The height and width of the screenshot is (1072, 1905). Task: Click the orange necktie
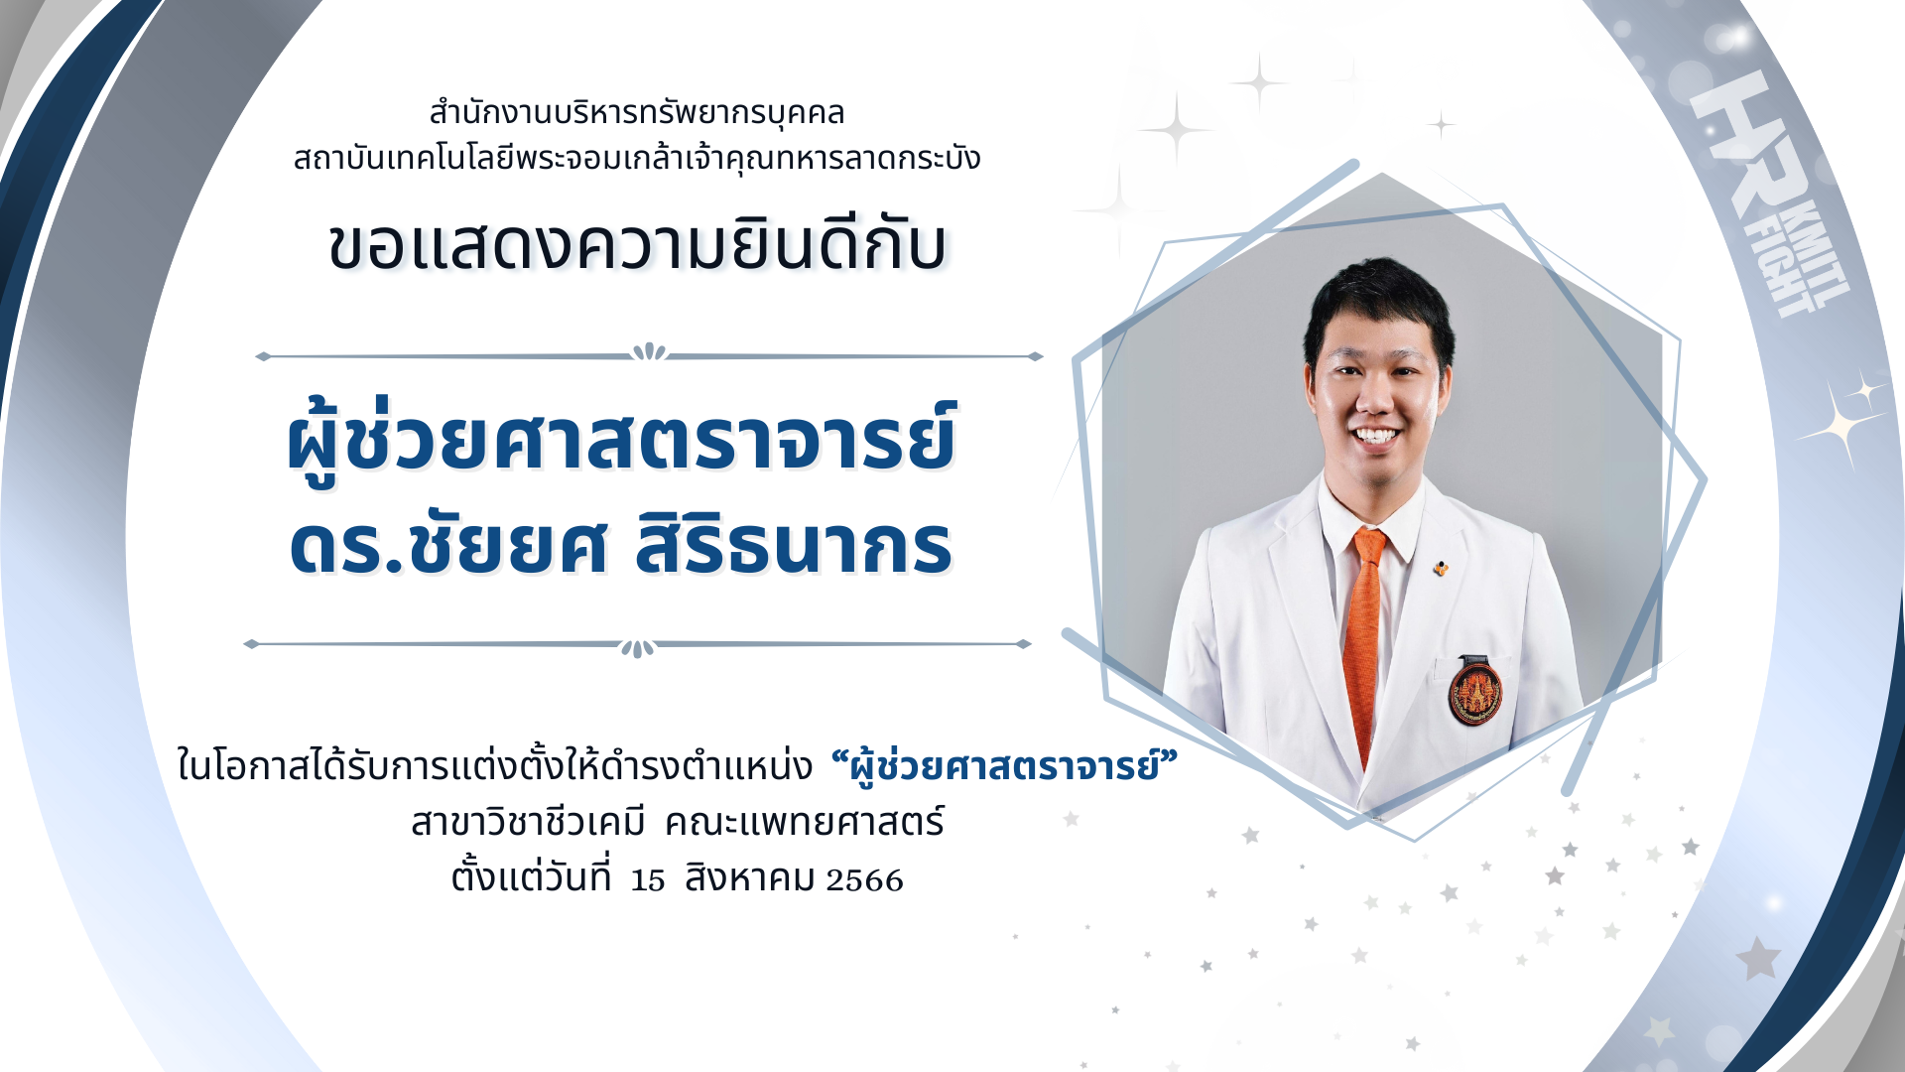(1366, 635)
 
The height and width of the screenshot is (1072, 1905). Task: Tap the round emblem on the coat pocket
(1475, 691)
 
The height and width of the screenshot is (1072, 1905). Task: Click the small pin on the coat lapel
(1441, 569)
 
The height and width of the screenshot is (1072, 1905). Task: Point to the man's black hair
(1379, 303)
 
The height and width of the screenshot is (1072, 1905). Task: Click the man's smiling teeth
(1378, 436)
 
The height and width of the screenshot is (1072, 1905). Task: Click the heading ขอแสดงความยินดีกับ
(637, 245)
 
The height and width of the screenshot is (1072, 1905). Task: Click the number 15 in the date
(648, 880)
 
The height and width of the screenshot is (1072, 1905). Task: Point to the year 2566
(865, 880)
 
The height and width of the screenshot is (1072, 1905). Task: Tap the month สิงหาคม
(750, 878)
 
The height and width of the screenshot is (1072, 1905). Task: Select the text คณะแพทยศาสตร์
(805, 822)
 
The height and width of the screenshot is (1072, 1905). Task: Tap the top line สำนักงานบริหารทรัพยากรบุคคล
(637, 113)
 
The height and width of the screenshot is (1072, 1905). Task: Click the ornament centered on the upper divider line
(650, 351)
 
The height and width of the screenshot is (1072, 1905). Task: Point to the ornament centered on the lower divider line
(637, 648)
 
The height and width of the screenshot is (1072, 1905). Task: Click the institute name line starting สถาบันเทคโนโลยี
(637, 158)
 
